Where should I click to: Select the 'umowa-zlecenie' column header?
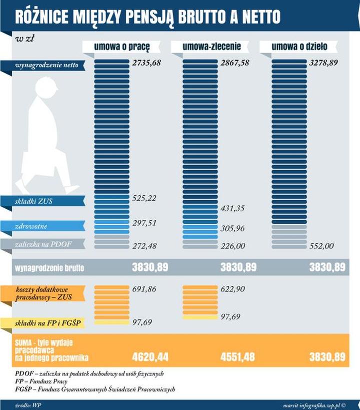(x=211, y=47)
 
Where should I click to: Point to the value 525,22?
(x=144, y=198)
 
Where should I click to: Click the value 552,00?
(x=321, y=246)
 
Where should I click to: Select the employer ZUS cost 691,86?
(x=144, y=289)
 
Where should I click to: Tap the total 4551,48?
(x=238, y=357)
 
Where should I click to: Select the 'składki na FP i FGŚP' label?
(x=41, y=323)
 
